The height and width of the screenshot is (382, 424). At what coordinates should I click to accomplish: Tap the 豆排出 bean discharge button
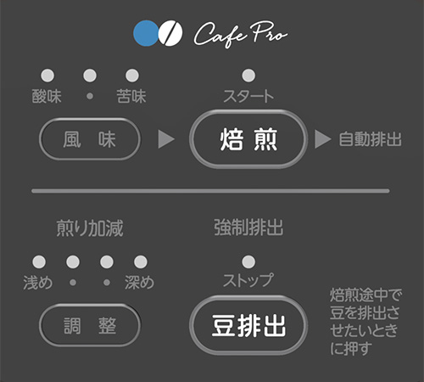[248, 325]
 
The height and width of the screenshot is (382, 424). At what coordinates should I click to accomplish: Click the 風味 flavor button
[90, 139]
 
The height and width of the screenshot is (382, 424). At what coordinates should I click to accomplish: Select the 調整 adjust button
[90, 325]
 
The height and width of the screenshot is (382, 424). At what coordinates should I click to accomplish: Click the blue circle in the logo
[146, 33]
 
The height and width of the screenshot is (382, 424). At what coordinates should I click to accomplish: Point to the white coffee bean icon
[170, 33]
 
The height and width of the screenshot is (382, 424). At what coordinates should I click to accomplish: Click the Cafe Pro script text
[241, 34]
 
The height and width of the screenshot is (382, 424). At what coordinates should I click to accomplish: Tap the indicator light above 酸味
[47, 76]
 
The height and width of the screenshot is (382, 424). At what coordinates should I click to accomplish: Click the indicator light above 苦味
[132, 76]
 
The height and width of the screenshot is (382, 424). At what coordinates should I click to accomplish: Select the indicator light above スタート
[248, 76]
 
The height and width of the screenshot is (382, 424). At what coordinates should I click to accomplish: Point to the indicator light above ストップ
[248, 261]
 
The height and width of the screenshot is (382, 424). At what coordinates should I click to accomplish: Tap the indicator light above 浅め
[39, 261]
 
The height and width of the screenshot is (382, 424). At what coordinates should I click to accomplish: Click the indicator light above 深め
[141, 261]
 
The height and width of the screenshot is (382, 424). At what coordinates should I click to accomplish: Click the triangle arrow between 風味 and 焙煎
[165, 139]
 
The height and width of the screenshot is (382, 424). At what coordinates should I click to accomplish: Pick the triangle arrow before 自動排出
[322, 139]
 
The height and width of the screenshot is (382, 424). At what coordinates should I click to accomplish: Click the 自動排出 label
[371, 139]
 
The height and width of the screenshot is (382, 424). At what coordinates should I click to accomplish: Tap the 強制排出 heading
[248, 228]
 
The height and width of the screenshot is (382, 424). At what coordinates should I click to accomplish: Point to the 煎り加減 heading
[90, 228]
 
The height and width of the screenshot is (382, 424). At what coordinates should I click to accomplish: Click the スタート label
[248, 96]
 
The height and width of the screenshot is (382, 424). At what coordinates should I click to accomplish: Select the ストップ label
[248, 280]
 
